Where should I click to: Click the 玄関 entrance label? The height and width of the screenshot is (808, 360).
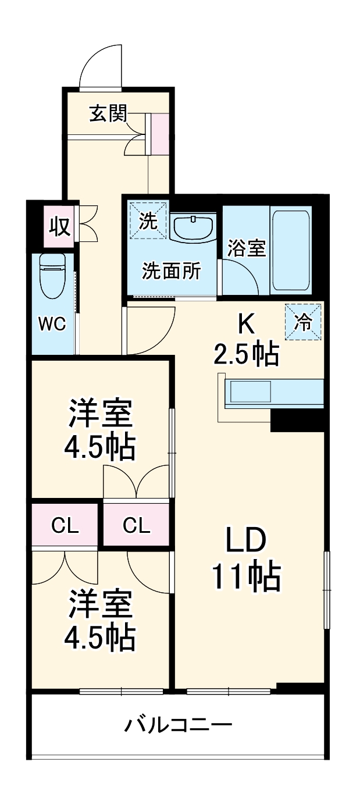click(108, 114)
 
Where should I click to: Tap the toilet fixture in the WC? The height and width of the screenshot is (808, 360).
click(52, 276)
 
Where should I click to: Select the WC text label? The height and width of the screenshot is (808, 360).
click(52, 325)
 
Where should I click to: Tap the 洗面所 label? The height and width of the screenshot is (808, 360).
click(172, 270)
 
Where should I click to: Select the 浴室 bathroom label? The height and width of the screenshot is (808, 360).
click(247, 248)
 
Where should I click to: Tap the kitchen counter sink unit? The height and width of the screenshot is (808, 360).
click(273, 393)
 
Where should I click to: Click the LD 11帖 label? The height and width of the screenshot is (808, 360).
click(246, 558)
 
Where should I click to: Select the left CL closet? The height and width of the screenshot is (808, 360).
click(65, 525)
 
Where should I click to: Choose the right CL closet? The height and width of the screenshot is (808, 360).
click(137, 525)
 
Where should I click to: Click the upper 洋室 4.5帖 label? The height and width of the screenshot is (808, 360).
click(101, 429)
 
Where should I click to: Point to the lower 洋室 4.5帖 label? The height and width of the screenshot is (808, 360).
click(101, 621)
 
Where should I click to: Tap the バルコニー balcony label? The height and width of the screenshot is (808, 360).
click(179, 725)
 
